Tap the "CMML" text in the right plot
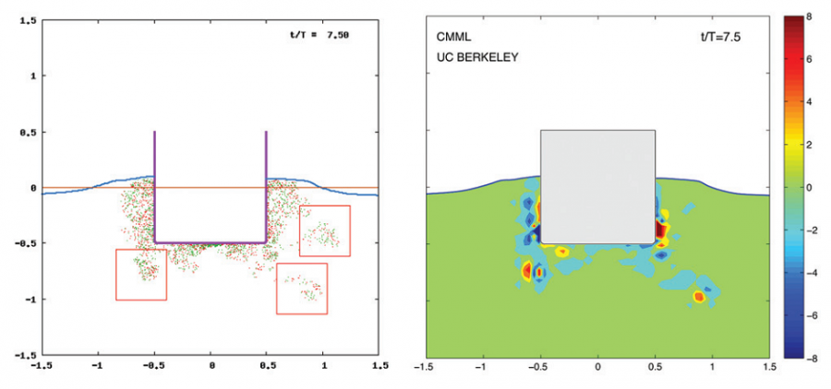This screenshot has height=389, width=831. pos(453,38)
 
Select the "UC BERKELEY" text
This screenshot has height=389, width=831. pos(476,56)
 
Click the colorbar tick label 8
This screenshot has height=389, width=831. pos(809,17)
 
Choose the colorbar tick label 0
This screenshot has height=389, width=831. pos(809,187)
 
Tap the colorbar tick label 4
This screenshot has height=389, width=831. pos(809,101)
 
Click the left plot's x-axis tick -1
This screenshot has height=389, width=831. pos(99,367)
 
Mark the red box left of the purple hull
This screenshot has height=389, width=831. pos(141,275)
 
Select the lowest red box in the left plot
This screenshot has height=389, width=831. pos(302,289)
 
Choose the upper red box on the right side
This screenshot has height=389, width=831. pos(325,230)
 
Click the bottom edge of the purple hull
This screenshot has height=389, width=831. pos(211,242)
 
